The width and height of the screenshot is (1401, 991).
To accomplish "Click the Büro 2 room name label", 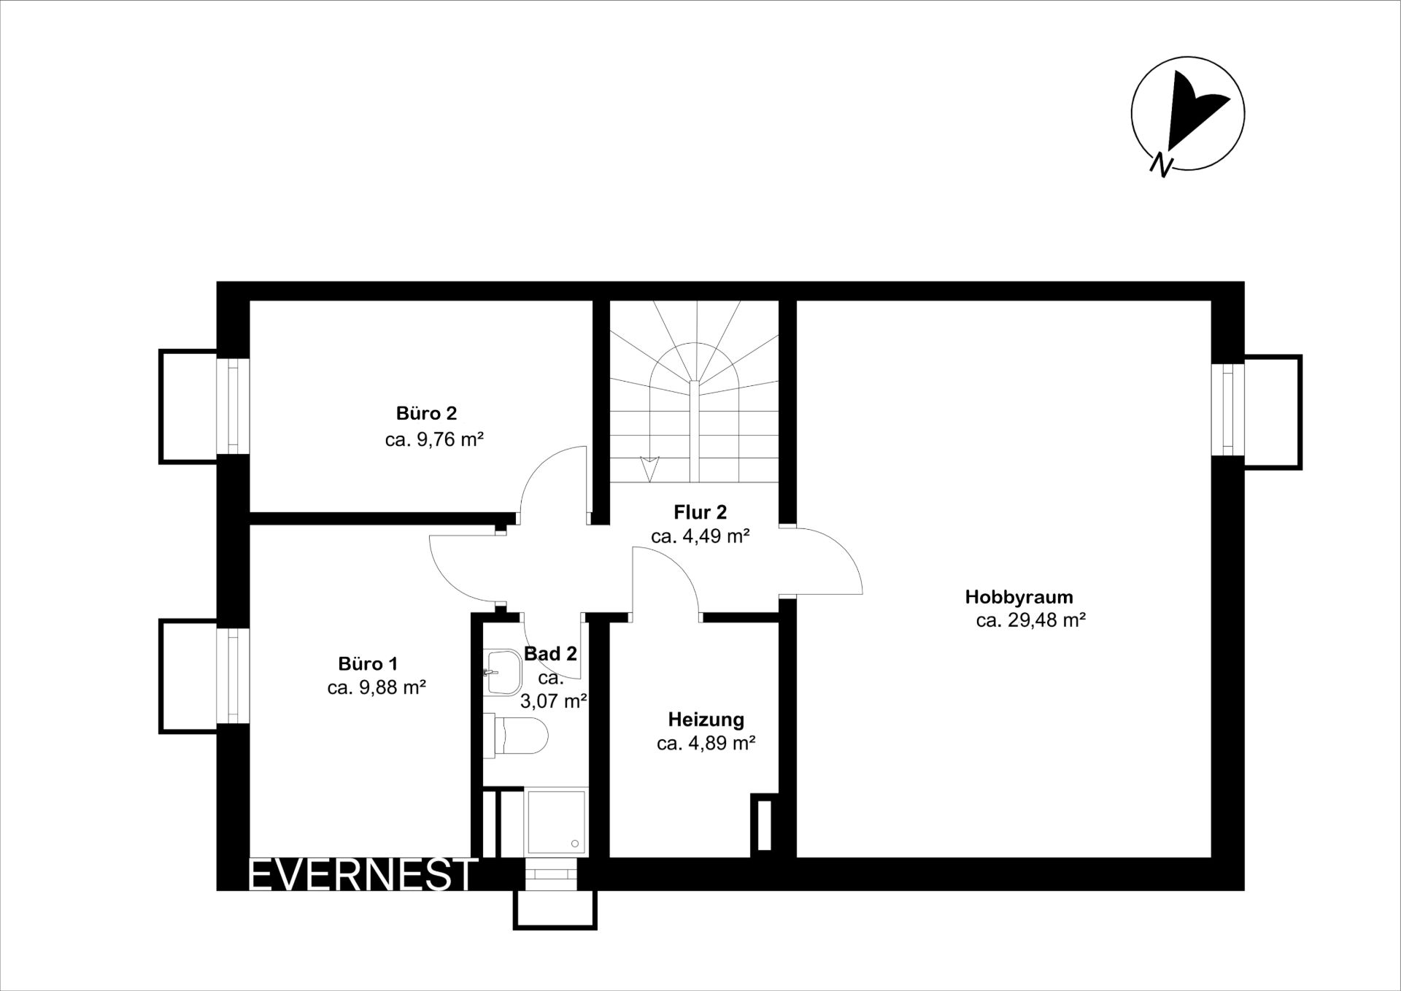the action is pyautogui.click(x=426, y=413).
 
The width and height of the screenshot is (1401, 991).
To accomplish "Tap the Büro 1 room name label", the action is pyautogui.click(x=368, y=663).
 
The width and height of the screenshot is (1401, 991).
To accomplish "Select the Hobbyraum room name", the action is pyautogui.click(x=1019, y=597).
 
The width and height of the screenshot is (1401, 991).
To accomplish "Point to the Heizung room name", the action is pyautogui.click(x=706, y=720).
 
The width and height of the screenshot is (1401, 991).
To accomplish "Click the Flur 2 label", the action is pyautogui.click(x=700, y=512).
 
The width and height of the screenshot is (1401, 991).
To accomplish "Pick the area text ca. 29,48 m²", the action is pyautogui.click(x=1031, y=620).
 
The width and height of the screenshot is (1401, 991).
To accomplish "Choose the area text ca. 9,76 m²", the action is pyautogui.click(x=434, y=439).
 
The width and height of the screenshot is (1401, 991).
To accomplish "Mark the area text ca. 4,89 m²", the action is pyautogui.click(x=706, y=744).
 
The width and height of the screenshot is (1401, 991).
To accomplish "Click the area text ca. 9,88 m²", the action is pyautogui.click(x=377, y=687).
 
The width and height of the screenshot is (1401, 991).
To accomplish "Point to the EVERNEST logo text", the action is pyautogui.click(x=363, y=874).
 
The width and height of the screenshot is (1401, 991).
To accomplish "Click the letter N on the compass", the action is pyautogui.click(x=1161, y=166).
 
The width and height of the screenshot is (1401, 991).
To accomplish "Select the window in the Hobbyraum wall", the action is pyautogui.click(x=1228, y=409).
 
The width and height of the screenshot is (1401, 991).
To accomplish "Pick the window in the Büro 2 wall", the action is pyautogui.click(x=233, y=406).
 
